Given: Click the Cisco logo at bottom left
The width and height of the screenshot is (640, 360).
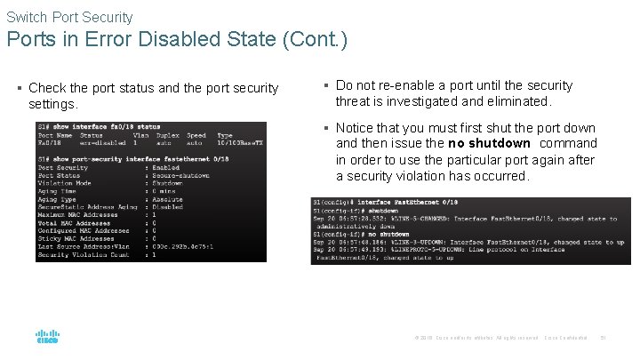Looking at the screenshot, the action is (47, 338).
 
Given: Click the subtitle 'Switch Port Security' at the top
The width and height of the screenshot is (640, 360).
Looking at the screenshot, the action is (69, 17).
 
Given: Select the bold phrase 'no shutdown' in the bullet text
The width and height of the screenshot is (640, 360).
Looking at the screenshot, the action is (489, 144).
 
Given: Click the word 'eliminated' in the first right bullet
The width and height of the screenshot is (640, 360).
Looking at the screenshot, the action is (520, 101).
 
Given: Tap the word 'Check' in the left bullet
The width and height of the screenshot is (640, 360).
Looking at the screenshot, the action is (46, 88).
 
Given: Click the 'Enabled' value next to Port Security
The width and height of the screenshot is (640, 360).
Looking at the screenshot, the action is (166, 167).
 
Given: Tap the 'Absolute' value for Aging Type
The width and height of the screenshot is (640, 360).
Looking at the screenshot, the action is (168, 199).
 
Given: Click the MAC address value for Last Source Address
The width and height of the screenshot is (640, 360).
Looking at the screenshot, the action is (185, 246).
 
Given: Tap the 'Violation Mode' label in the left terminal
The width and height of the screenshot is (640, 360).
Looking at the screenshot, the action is (64, 183).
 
